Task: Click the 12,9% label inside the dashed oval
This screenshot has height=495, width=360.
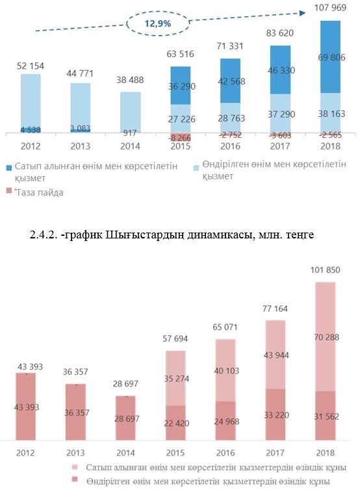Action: click(x=157, y=23)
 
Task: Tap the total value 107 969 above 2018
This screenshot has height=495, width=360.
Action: click(x=330, y=7)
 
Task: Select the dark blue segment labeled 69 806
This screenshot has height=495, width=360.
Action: click(x=330, y=57)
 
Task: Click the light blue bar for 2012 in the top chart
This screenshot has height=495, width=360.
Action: click(x=31, y=102)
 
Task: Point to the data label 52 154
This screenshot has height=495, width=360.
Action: click(x=31, y=66)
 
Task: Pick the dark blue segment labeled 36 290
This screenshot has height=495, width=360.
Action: click(x=180, y=86)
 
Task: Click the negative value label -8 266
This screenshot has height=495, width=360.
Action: click(x=179, y=138)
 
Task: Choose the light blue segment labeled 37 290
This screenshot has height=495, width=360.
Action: click(x=280, y=113)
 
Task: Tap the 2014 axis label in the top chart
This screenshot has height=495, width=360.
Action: click(x=130, y=146)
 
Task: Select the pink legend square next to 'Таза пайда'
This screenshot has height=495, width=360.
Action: click(x=9, y=191)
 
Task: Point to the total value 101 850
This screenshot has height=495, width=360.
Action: click(x=326, y=270)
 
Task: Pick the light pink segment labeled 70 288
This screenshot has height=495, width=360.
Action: click(x=326, y=337)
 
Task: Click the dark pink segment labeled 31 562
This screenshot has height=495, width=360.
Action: click(x=326, y=416)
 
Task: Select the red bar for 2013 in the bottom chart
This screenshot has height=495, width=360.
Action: click(x=75, y=412)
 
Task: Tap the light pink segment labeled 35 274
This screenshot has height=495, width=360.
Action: click(x=175, y=378)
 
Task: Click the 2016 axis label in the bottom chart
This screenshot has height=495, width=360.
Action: click(x=225, y=453)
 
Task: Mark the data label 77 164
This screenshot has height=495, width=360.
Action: click(x=275, y=309)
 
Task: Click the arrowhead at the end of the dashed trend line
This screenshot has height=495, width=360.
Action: click(x=303, y=13)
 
